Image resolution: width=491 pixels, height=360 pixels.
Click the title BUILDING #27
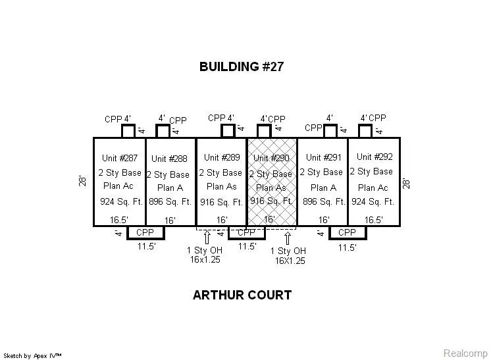pyautogui.click(x=242, y=66)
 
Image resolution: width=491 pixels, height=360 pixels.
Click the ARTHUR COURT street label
pyautogui.click(x=242, y=296)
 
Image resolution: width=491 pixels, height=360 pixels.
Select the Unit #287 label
pyautogui.click(x=119, y=158)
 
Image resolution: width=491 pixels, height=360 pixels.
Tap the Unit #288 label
pyautogui.click(x=169, y=159)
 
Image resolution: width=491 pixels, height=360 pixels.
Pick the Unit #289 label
pyautogui.click(x=222, y=157)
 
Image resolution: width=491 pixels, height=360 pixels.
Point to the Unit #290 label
pyautogui.click(x=271, y=158)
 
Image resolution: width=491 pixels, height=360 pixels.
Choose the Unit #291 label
pyautogui.click(x=323, y=157)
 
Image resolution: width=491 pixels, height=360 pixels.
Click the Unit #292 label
pyautogui.click(x=375, y=157)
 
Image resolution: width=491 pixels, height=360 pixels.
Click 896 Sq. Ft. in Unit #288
pyautogui.click(x=170, y=202)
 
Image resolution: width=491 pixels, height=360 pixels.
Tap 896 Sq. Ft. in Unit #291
pyautogui.click(x=324, y=202)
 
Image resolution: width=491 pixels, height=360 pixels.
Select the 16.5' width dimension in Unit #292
pyautogui.click(x=374, y=220)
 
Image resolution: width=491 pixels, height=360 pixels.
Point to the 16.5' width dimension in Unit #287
pyautogui.click(x=119, y=220)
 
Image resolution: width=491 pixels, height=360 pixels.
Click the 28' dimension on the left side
pyautogui.click(x=84, y=180)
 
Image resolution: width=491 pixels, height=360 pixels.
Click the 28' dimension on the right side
pyautogui.click(x=407, y=180)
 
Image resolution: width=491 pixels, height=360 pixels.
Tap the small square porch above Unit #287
pyautogui.click(x=128, y=131)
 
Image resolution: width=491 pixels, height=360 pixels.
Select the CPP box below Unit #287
pyautogui.click(x=145, y=232)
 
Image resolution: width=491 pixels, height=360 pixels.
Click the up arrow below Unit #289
pyautogui.click(x=207, y=238)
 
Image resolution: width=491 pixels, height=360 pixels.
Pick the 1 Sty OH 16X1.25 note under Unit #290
pyautogui.click(x=288, y=255)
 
